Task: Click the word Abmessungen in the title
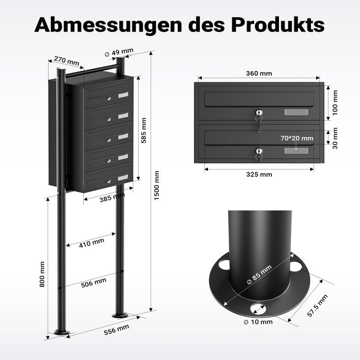tap(108, 25)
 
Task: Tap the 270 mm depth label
tap(67, 61)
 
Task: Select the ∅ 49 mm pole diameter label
tap(119, 52)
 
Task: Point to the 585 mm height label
tap(144, 130)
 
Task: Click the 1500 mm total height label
tap(157, 185)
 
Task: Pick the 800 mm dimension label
tap(42, 274)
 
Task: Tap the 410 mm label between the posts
tap(92, 243)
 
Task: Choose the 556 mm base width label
tap(117, 329)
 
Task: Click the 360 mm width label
tap(259, 73)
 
